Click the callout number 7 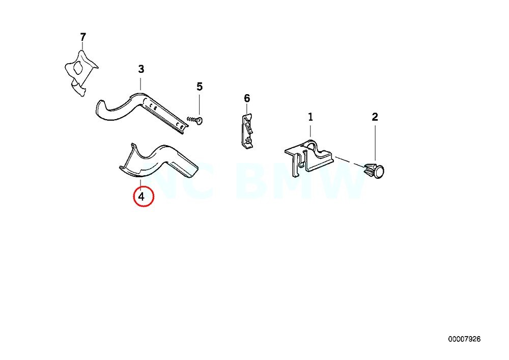pyautogui.click(x=83, y=37)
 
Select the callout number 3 pyautogui.click(x=141, y=69)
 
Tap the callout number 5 pyautogui.click(x=199, y=87)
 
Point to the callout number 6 pyautogui.click(x=247, y=98)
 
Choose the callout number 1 pyautogui.click(x=310, y=117)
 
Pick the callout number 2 pyautogui.click(x=375, y=117)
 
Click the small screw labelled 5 pyautogui.click(x=195, y=120)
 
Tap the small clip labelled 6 pyautogui.click(x=246, y=131)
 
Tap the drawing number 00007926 pyautogui.click(x=464, y=339)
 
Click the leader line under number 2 pyautogui.click(x=375, y=143)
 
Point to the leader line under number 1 pyautogui.click(x=310, y=130)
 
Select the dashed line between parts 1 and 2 pyautogui.click(x=349, y=161)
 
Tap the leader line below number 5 pyautogui.click(x=199, y=104)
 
